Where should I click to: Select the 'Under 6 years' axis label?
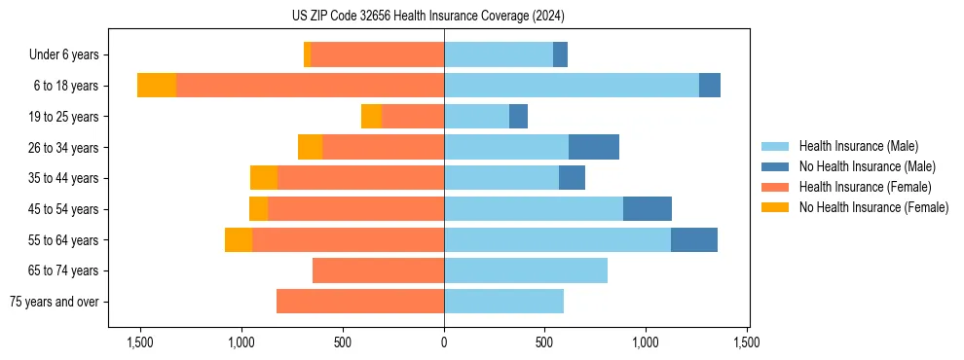coord(70,55)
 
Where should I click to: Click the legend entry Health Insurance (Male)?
coord(857,146)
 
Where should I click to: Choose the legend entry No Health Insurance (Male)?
coord(866,166)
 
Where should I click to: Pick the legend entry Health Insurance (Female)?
coord(865,187)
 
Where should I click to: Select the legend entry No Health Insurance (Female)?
coord(872,207)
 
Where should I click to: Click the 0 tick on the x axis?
coord(444,342)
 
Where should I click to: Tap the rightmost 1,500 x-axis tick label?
coord(747,342)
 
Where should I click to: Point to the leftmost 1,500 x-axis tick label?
coord(140,342)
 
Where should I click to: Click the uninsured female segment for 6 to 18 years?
coord(157,86)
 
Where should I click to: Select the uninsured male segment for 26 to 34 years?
coord(594,147)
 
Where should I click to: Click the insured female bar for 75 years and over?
coord(360,302)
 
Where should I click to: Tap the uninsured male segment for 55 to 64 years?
coord(694,239)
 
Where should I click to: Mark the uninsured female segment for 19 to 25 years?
coord(371,117)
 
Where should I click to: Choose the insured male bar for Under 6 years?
coord(499,55)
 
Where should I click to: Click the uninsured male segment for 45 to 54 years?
coord(648,209)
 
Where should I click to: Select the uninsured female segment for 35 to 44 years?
coord(264,178)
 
